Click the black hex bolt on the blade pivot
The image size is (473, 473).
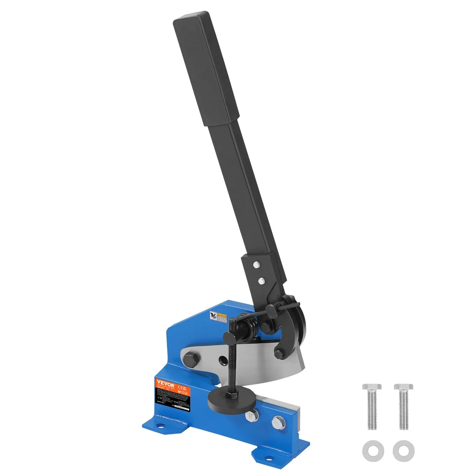coord(191,359)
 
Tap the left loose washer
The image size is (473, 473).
coord(372,450)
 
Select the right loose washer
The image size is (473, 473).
coord(404,450)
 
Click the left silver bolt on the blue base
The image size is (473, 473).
coord(251,416)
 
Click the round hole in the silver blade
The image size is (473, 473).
coord(223,359)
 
